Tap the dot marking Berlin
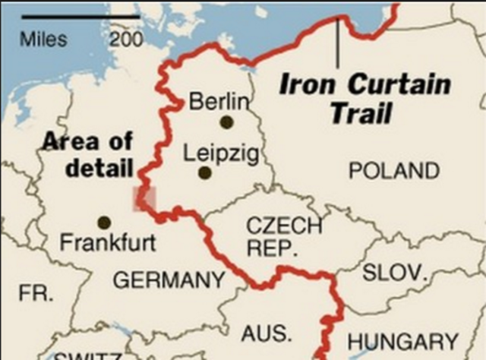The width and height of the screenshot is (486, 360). [226, 122]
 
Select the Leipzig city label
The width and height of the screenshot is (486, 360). [221, 153]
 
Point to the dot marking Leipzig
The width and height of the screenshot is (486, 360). [204, 172]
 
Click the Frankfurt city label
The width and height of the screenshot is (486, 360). [108, 244]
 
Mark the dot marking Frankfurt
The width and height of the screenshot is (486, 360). [104, 223]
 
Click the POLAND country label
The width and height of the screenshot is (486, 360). [394, 171]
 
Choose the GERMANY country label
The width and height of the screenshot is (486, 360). [169, 281]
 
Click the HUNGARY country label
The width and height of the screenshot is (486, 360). [403, 343]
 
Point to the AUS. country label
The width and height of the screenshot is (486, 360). [267, 333]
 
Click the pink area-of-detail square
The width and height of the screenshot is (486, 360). [144, 199]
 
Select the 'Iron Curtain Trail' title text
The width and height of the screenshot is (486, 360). [364, 98]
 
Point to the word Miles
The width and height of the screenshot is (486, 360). [43, 39]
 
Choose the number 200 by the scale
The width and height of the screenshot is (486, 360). [125, 39]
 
